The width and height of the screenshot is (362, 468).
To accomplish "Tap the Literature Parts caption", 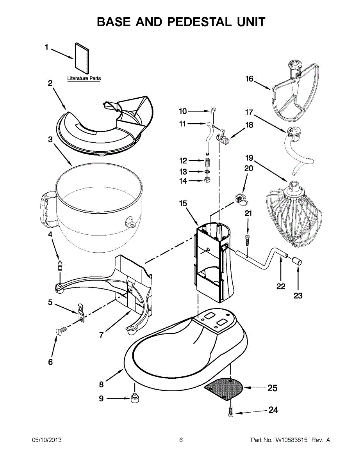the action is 84,78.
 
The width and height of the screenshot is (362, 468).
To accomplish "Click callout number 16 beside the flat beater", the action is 249,79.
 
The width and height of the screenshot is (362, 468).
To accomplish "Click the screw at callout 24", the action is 231,414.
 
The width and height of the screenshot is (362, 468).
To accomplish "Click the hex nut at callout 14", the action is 207,179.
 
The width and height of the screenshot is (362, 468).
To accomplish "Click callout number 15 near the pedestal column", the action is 183,203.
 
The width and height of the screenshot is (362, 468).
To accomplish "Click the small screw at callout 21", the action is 247,240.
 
